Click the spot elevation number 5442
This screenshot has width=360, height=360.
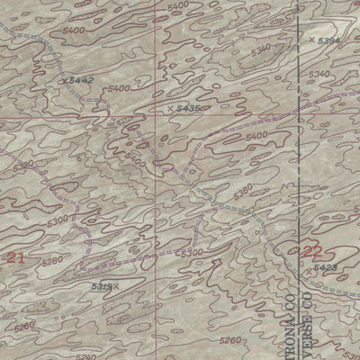[x=82, y=81]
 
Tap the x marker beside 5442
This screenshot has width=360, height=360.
[x=67, y=81]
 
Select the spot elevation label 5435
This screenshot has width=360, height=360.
[x=188, y=108]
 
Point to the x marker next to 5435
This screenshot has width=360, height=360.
[x=170, y=108]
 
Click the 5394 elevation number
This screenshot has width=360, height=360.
[x=331, y=40]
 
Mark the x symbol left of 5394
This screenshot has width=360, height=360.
[x=311, y=40]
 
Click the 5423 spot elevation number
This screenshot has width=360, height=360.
[x=326, y=267]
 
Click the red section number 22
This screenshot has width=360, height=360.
[x=311, y=251]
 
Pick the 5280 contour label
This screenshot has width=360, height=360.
[x=53, y=261]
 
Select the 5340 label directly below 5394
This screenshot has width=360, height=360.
[x=318, y=74]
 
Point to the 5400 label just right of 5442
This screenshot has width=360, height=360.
[x=116, y=89]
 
